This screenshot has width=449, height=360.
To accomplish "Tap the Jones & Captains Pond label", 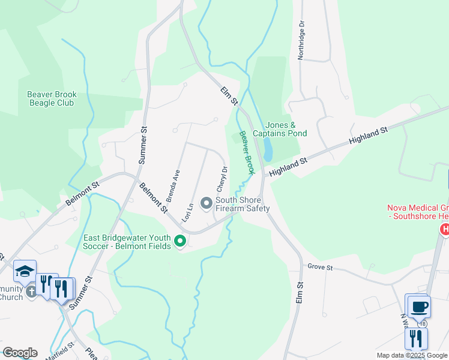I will point(280,129).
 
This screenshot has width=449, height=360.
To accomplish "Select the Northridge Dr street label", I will point(301,40).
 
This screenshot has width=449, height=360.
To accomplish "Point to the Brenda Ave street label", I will point(176,184).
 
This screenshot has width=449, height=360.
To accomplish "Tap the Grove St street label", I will point(319,266).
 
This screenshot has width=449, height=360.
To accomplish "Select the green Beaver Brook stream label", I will point(247,153).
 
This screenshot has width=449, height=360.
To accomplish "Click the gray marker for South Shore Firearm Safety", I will point(206,204).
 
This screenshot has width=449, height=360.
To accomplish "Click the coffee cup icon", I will point(418,307).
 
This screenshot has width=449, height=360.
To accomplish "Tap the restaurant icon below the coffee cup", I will point(415,339).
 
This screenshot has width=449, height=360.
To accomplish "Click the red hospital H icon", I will point(445,229).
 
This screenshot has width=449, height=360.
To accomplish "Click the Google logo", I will point(19,353).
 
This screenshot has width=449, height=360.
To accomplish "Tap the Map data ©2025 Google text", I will point(412,355).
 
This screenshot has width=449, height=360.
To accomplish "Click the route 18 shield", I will point(424,324).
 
